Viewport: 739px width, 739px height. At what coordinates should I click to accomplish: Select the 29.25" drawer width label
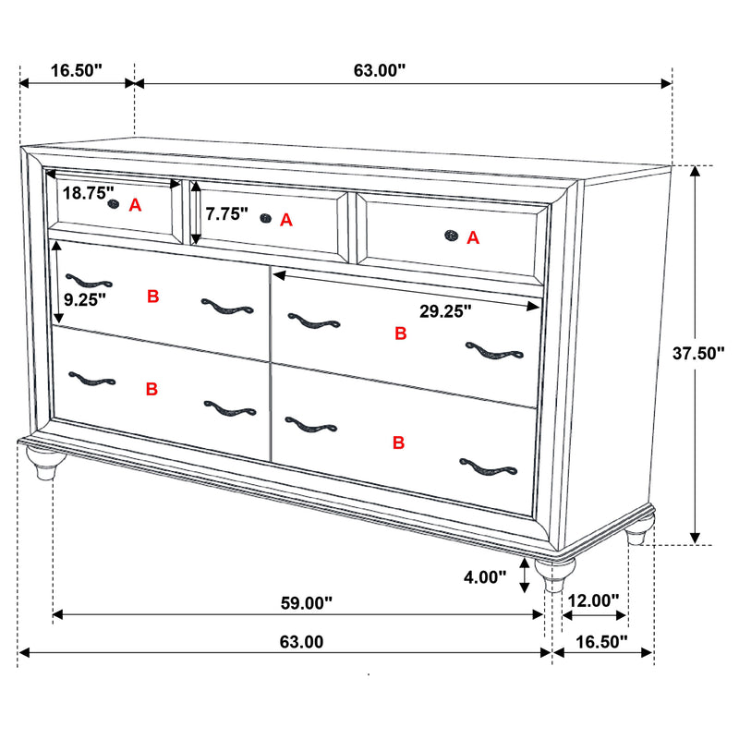point(445,311)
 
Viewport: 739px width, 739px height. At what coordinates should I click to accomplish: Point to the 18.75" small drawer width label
point(89,194)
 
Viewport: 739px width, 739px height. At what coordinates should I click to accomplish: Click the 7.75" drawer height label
point(227,214)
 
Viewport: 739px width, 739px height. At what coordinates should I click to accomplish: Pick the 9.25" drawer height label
point(85,298)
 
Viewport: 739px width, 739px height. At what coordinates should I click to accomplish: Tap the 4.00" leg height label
point(484,577)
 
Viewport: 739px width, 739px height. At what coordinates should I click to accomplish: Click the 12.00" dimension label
point(593,600)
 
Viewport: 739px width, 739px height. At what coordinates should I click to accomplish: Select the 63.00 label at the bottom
point(296,641)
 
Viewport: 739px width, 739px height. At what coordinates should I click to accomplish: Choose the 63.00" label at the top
point(381,70)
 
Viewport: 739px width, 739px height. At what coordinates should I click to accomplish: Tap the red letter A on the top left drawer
point(135,205)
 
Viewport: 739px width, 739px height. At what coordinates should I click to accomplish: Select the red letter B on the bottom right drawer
point(399,443)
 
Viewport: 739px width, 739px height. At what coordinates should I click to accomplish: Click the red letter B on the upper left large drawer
point(153,297)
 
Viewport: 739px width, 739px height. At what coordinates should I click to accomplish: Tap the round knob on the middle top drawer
point(266,218)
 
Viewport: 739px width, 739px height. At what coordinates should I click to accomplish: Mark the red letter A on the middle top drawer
point(286,220)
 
